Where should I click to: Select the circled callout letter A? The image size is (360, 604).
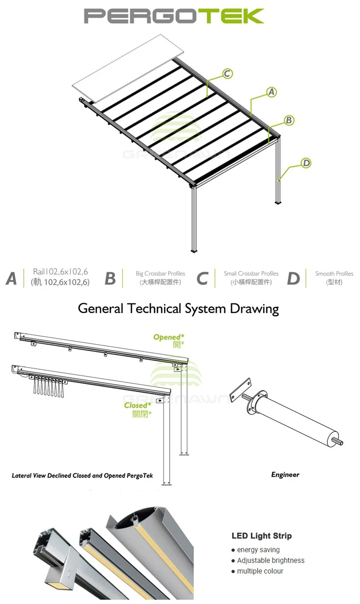tap(272, 92)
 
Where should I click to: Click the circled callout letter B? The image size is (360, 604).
tap(289, 121)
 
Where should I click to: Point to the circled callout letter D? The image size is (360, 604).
tap(306, 163)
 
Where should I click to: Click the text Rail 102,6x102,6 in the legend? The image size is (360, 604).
tap(60, 272)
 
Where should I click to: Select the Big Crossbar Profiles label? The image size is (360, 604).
tap(160, 274)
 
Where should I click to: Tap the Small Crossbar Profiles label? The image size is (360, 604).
tap(251, 274)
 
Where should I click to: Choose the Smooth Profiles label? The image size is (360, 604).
tap(334, 274)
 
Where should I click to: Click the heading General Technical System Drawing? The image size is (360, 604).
tap(178, 308)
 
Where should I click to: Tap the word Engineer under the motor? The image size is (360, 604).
tap(285, 474)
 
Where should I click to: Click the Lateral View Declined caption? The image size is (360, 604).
tap(82, 475)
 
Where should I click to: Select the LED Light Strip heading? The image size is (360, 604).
tap(262, 536)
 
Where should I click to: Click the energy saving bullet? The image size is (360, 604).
tap(258, 550)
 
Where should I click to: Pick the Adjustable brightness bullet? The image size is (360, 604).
tap(270, 560)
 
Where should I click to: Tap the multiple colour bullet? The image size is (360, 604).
tap(260, 571)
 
